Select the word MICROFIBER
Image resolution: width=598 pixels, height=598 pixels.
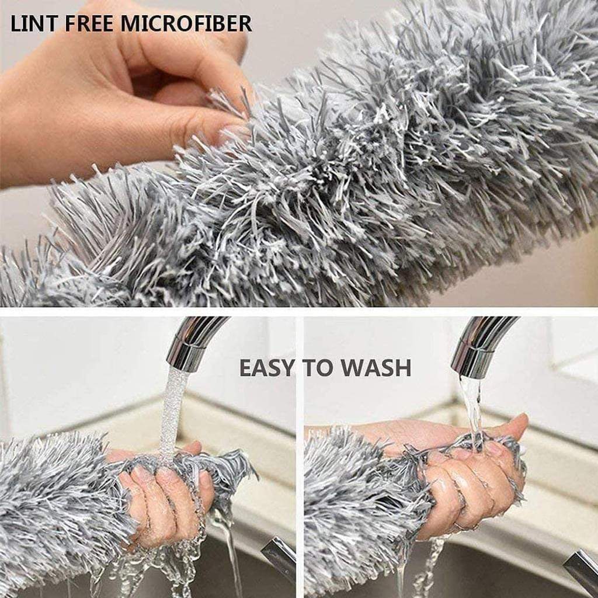186,23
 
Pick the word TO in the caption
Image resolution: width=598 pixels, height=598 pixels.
319,368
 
